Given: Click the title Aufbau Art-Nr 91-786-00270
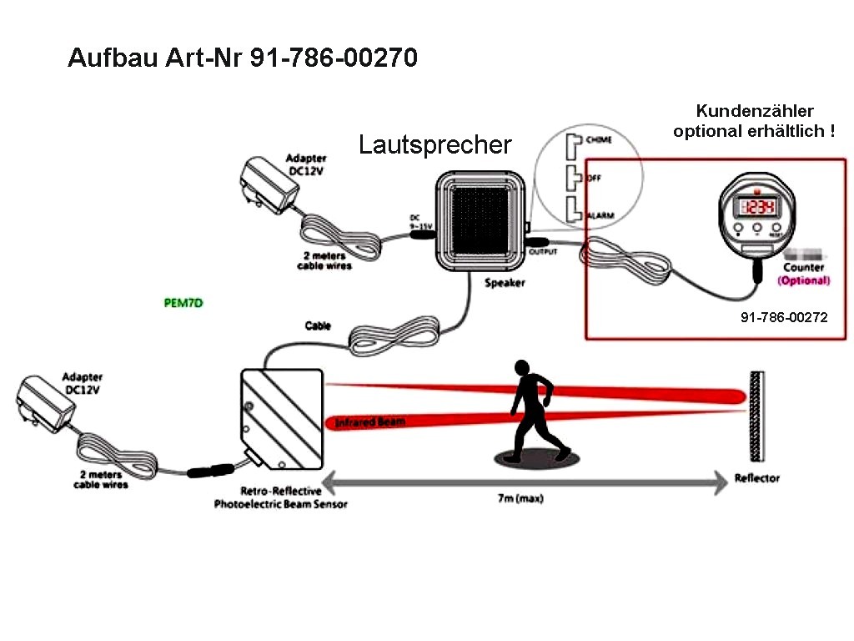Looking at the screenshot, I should point(243,58).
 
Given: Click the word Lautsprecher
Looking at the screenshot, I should point(435,144).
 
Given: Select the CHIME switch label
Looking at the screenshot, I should point(599,140).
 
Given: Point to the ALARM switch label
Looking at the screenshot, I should point(600,215).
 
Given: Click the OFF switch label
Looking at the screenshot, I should point(595,178).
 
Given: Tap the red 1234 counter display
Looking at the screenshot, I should point(758,208).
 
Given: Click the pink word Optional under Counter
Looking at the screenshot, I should point(803,281).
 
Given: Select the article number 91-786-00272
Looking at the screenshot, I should point(784,318).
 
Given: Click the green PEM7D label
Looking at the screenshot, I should point(183,303).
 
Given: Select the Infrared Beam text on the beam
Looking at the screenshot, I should point(370,422).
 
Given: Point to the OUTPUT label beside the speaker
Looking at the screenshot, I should point(543,252).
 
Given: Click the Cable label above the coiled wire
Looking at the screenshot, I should point(318,326).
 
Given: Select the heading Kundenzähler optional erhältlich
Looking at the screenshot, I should point(754,121).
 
